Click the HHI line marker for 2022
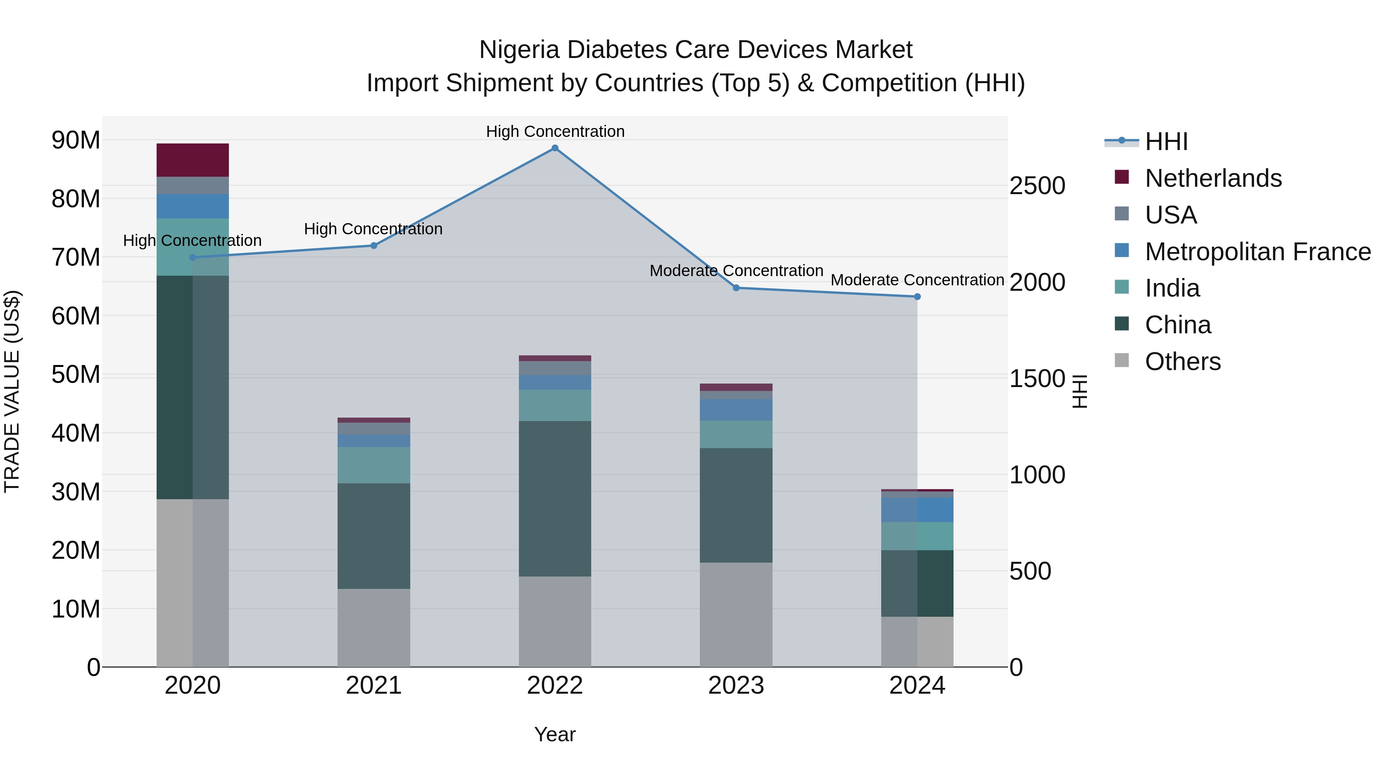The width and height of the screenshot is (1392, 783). click(555, 148)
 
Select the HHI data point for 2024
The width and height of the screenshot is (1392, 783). click(917, 297)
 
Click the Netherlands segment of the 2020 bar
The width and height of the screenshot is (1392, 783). click(193, 160)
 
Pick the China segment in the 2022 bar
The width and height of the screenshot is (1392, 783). click(555, 498)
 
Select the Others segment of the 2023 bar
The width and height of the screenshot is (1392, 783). click(736, 614)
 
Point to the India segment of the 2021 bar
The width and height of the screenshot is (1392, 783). click(374, 465)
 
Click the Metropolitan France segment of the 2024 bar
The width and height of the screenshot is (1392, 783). click(917, 510)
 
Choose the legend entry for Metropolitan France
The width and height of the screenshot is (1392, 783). click(1257, 252)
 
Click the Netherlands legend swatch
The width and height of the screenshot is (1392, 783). click(1122, 177)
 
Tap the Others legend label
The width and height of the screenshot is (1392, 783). click(1182, 362)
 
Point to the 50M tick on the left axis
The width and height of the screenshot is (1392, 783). click(76, 374)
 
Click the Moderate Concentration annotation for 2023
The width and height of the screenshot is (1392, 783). click(736, 271)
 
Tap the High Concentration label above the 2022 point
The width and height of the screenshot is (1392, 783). click(555, 131)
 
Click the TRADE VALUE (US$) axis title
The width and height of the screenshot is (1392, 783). click(12, 391)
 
